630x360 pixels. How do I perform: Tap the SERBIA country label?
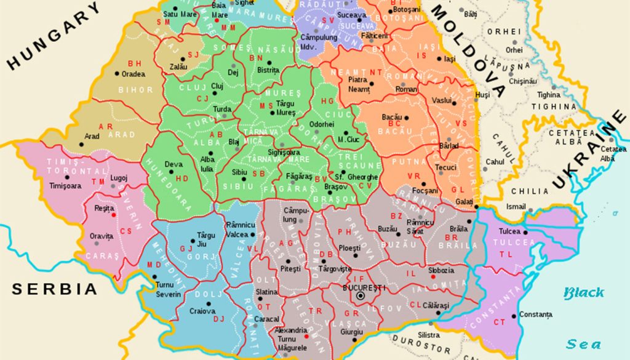click(55, 289)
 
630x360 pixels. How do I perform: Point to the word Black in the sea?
click(584, 293)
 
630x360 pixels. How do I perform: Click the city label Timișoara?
click(65, 185)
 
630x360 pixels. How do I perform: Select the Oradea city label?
click(133, 74)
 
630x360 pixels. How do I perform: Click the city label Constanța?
click(535, 315)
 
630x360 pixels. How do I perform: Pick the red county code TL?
click(506, 254)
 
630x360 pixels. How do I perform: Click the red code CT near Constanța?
click(500, 322)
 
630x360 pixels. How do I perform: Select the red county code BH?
click(135, 63)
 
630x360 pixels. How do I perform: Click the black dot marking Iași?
click(439, 59)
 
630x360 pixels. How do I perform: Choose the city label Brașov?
click(336, 186)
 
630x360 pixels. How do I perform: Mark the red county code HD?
click(181, 178)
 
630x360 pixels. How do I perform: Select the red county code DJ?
click(218, 319)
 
